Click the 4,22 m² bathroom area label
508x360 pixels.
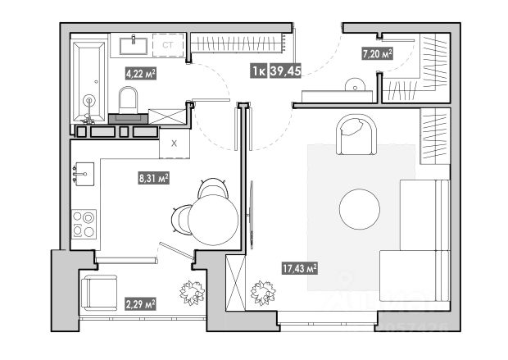tap(140, 73)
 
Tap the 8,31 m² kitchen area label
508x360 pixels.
tap(153, 176)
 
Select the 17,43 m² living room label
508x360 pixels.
tap(301, 268)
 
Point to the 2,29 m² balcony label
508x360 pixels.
tap(140, 303)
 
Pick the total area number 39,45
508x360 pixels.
tap(286, 71)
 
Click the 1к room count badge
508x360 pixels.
tap(258, 71)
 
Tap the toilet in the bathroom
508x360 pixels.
tap(129, 102)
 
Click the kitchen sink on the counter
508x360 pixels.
tap(84, 173)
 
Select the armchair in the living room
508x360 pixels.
tap(356, 134)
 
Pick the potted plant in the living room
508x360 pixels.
tap(263, 292)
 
